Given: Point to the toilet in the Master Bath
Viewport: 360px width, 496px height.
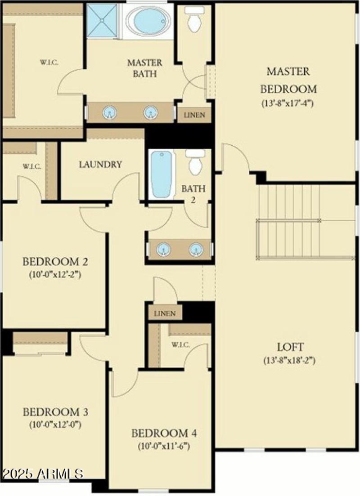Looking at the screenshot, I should coord(194,20).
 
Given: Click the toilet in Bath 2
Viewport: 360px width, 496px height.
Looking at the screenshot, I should coord(195,162).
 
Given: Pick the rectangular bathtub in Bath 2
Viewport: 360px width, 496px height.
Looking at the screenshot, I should coord(162,174).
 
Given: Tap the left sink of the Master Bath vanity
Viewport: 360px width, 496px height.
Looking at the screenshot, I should coord(109,113).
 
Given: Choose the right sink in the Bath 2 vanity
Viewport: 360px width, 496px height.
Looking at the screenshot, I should coord(196,249).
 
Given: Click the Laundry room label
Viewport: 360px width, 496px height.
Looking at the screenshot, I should coord(100,165).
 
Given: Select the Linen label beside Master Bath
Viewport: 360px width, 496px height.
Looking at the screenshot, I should coord(194,115).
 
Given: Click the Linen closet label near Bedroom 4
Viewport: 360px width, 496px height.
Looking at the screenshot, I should coord(165,313).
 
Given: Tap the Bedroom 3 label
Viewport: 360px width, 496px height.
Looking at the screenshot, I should coord(55,412).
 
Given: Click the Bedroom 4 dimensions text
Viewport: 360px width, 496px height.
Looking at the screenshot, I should coord(164,446).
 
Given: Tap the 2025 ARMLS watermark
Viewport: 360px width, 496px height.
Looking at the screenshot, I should coord(42,474).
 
